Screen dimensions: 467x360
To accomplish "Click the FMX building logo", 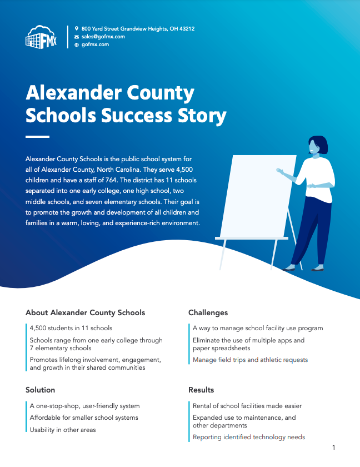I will point(41,37).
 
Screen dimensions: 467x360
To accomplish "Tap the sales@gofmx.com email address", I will point(103,36).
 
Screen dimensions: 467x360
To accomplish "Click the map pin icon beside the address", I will point(77,28).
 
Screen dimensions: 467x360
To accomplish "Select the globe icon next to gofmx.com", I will point(77,44).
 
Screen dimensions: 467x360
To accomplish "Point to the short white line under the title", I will point(37,136).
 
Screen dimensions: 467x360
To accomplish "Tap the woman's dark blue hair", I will point(316,145).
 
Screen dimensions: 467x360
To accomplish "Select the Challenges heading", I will point(208,313).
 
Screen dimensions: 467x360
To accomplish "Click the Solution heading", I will point(40,390).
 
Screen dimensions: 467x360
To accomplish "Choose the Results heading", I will point(201,390).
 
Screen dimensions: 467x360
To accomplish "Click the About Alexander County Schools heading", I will point(85,313).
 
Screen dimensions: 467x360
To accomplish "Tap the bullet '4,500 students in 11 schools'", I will point(71,328).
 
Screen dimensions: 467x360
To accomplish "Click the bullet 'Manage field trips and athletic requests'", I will point(250,360).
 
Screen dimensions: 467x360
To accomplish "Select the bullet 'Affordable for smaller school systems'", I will point(84,418).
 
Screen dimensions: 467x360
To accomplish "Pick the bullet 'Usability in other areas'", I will point(63,430).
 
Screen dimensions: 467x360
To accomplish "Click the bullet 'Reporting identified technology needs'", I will point(249,438).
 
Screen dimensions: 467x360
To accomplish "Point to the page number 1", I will point(333,448).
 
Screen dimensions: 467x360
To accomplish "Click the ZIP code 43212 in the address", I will point(186,28).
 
